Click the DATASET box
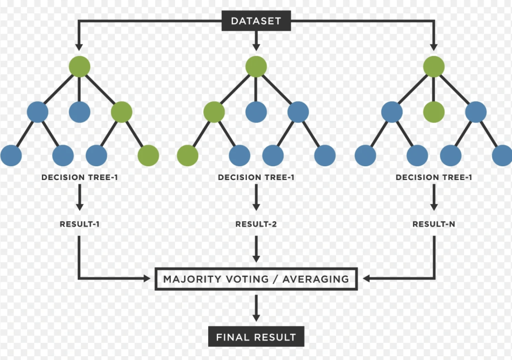click(x=256, y=21)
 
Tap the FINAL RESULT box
click(x=256, y=337)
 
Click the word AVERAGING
click(x=316, y=279)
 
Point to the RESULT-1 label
click(x=80, y=224)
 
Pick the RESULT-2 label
click(x=256, y=224)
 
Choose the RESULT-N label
click(x=434, y=224)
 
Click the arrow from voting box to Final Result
click(x=256, y=308)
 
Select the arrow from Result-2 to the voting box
click(x=256, y=249)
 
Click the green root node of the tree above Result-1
click(x=80, y=66)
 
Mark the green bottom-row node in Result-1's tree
click(x=148, y=155)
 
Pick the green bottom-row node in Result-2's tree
click(x=188, y=155)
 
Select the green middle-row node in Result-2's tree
click(x=214, y=112)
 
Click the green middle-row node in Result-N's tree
click(x=434, y=112)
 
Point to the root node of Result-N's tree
click(x=434, y=66)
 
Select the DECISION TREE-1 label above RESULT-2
click(x=256, y=178)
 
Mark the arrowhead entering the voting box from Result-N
click(x=366, y=279)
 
